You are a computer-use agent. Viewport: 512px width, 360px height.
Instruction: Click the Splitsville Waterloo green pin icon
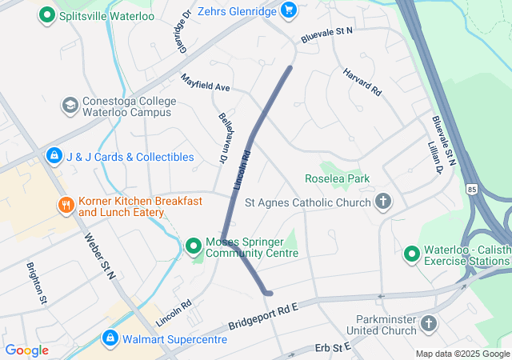47,14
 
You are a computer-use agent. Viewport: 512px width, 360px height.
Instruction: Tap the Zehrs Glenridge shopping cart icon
289,10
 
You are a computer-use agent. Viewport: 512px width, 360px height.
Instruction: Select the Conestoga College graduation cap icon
70,105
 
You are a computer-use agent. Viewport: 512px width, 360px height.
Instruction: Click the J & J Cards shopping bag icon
54,156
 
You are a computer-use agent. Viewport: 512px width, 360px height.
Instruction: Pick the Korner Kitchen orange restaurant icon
66,206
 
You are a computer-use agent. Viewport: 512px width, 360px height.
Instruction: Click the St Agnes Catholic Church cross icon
384,202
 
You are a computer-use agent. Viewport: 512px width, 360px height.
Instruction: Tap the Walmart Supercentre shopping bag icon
110,338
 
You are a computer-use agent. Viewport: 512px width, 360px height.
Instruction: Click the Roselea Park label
337,178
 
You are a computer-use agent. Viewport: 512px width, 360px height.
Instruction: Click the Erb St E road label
334,347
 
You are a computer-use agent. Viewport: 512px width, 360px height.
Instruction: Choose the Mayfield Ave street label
205,82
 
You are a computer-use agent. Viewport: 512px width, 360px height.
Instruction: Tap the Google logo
26,350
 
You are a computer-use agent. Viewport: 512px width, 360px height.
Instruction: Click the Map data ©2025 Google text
462,354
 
